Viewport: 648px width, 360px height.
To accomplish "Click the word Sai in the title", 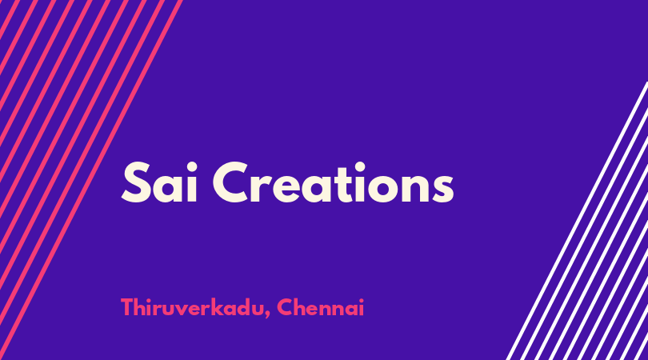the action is coord(159,182).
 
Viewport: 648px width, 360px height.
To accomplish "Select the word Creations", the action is coord(333,182).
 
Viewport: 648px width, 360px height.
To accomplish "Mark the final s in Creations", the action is coord(442,188).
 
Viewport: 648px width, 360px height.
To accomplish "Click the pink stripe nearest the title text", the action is coord(90,180).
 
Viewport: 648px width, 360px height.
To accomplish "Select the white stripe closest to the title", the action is coord(577,221).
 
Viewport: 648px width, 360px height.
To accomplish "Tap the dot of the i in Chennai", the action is coord(361,300).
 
